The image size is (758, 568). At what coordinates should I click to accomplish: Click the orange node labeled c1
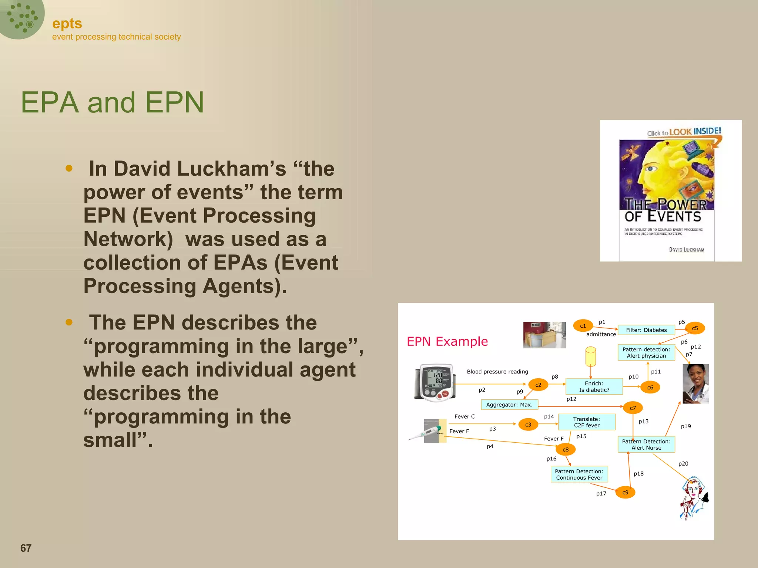click(x=583, y=326)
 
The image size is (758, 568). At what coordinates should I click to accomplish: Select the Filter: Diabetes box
click(x=646, y=330)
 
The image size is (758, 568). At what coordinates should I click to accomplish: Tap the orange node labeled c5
click(x=695, y=328)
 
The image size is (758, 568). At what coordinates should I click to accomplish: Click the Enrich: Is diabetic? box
click(x=594, y=386)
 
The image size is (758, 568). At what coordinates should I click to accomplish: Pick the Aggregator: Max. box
click(x=509, y=405)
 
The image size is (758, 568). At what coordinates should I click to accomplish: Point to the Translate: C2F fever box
click(x=587, y=422)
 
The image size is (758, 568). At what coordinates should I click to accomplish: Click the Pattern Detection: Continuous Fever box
click(x=579, y=474)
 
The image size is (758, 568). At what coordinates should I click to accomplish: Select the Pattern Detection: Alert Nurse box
click(x=646, y=444)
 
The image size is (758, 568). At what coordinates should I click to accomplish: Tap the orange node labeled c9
click(x=625, y=492)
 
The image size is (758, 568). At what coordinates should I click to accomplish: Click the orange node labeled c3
click(x=528, y=425)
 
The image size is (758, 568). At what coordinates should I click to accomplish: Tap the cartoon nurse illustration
click(x=694, y=498)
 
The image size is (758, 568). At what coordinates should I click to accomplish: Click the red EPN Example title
click(x=447, y=341)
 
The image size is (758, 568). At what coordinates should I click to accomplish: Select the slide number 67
click(x=26, y=548)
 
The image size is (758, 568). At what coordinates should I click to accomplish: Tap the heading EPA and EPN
click(x=112, y=102)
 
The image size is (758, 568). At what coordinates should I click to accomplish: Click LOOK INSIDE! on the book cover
click(x=695, y=131)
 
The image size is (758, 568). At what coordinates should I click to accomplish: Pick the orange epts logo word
click(x=67, y=24)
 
